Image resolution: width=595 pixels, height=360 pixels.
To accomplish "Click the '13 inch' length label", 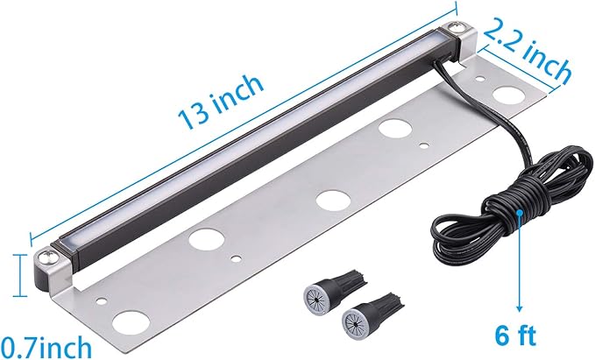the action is (221, 102).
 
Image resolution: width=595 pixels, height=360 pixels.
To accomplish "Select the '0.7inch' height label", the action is (46, 346).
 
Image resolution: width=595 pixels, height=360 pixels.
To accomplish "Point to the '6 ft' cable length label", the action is (515, 335).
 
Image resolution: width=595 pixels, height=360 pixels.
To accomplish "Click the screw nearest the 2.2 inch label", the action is (454, 28).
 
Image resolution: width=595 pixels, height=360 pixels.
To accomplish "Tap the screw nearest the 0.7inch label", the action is (48, 257).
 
